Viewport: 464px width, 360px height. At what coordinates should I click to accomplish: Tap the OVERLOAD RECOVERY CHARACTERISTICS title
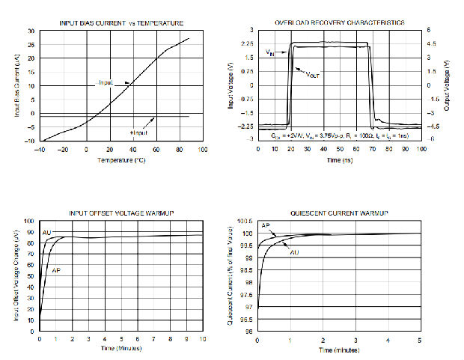pos(340,23)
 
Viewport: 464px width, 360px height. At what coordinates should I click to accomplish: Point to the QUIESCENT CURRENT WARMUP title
pos(339,214)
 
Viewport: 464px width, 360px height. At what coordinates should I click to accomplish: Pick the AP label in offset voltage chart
pos(55,269)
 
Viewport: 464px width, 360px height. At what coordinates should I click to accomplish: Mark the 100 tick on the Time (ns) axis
pos(421,149)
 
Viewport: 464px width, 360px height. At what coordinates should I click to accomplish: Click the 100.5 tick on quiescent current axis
pos(245,222)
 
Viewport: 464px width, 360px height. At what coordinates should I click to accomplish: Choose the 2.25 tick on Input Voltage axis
pos(247,44)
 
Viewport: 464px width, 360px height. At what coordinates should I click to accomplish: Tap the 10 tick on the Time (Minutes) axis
pos(203,339)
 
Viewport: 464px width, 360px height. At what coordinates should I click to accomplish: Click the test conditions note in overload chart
pos(340,137)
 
